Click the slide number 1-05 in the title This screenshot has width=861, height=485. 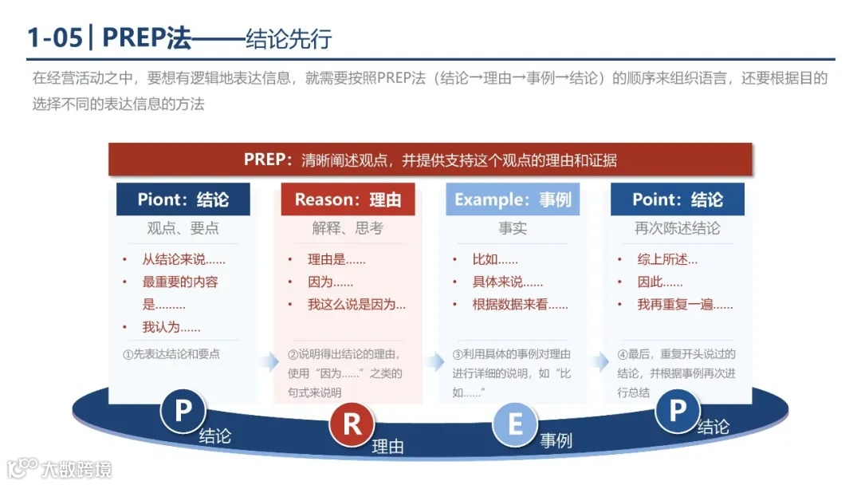coord(55,37)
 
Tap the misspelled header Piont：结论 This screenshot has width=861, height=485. coord(183,199)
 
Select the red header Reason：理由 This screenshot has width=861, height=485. coord(348,199)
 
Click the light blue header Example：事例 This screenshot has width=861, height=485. coord(513,199)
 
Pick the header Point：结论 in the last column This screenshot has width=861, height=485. coord(677,199)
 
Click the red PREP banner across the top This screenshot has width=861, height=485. coord(430,160)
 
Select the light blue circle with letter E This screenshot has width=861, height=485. coord(515,424)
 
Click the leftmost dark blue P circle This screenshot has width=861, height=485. coord(183,412)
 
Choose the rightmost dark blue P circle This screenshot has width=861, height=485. coord(677,411)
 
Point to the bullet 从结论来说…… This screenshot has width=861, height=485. coord(183,259)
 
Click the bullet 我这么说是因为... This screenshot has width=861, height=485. coord(356,304)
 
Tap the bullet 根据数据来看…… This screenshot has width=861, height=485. coord(520,304)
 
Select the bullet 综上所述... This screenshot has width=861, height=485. coord(666,259)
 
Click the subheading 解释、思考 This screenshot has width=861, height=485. coord(348,228)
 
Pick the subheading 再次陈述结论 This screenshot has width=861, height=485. coord(677,228)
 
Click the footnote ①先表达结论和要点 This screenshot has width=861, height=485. coord(171,354)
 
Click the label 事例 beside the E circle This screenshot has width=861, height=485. coord(556,440)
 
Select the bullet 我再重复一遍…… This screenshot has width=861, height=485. coord(685,304)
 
